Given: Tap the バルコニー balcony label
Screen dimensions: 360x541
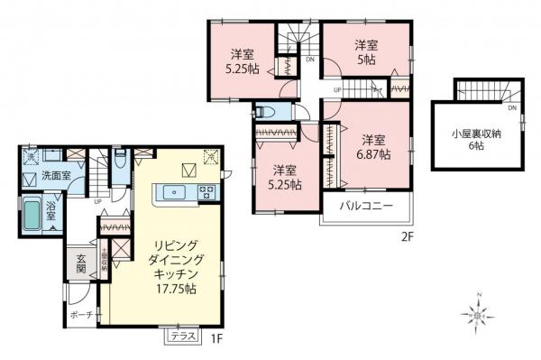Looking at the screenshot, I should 363,206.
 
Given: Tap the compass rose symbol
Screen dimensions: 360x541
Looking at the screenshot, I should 474,316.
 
